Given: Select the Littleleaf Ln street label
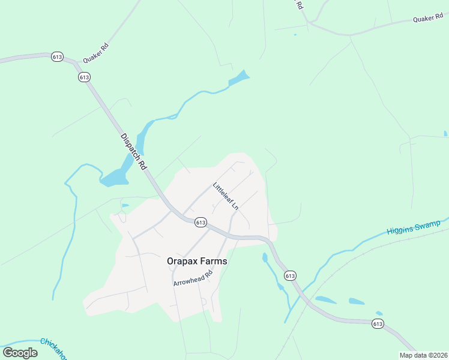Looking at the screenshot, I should click(x=226, y=196).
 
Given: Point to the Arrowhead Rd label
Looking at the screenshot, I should click(x=193, y=278).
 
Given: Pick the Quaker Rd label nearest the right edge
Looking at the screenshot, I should click(x=428, y=19).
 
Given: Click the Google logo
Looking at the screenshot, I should click(x=20, y=353).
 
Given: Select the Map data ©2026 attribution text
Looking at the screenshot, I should click(x=423, y=355).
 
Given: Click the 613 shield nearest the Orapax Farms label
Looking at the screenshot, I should click(x=200, y=222).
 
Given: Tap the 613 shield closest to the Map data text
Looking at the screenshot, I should click(x=378, y=324).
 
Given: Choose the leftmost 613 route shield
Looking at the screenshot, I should click(x=58, y=57).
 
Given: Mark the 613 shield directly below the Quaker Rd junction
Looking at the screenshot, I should click(x=84, y=77).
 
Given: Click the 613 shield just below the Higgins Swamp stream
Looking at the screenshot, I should click(x=290, y=276).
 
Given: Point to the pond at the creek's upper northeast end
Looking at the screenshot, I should click(x=240, y=78).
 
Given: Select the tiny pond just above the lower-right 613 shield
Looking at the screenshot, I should click(x=379, y=313).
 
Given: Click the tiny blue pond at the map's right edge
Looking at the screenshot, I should click(x=445, y=133).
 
